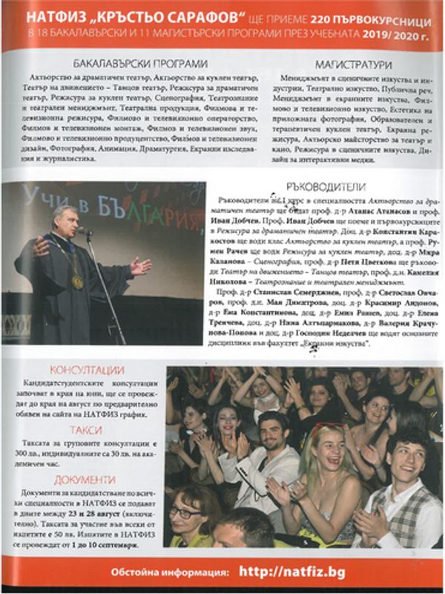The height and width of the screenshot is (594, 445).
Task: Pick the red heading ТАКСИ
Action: [87, 429]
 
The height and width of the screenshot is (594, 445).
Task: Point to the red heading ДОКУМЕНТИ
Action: [87, 480]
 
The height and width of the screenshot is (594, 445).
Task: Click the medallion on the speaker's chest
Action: [77, 281]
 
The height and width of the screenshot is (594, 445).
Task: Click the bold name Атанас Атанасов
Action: [371, 212]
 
